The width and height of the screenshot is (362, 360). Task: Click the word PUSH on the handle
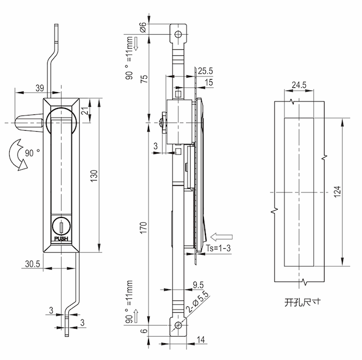[x=61, y=237]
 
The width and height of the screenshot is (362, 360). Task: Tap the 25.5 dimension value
[x=205, y=71]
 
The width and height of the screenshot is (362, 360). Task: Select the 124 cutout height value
[x=337, y=192]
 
